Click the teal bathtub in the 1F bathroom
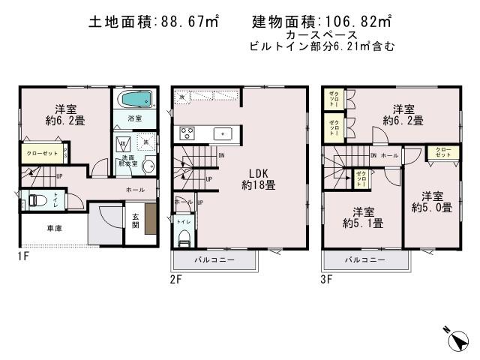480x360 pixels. [x=135, y=100]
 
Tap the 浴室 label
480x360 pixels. [x=135, y=118]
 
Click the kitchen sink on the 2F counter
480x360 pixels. [x=223, y=133]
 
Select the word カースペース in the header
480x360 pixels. [x=320, y=35]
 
